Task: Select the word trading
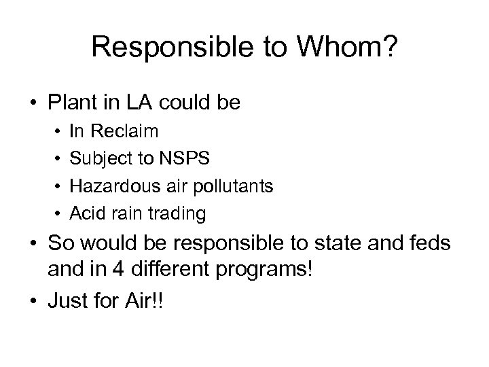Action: tap(180, 213)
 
